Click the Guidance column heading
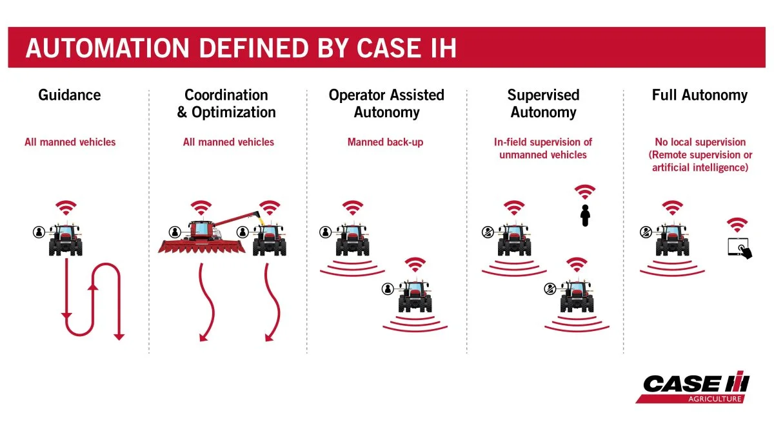(x=70, y=95)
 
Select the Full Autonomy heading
(x=700, y=95)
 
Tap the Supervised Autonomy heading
(x=543, y=104)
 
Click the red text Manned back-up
(x=385, y=142)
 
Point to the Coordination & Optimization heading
(x=226, y=104)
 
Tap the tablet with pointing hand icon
(x=739, y=248)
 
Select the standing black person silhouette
(x=585, y=216)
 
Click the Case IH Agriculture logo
(x=693, y=387)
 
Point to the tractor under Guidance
(x=66, y=239)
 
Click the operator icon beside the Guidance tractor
(x=39, y=232)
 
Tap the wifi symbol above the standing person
(x=584, y=192)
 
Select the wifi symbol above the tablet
(x=737, y=225)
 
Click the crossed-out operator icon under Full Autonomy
(x=646, y=232)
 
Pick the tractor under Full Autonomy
(x=672, y=239)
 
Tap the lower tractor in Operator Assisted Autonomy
(x=415, y=296)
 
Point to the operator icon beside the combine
(x=175, y=232)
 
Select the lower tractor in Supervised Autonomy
(x=577, y=296)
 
